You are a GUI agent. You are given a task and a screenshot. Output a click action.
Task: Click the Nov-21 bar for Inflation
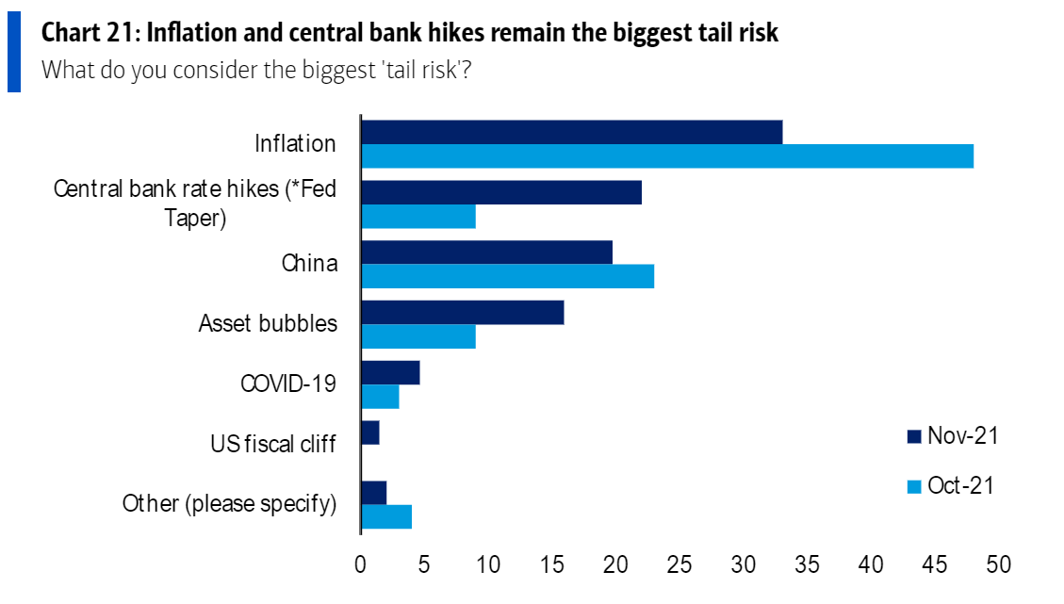pyautogui.click(x=571, y=133)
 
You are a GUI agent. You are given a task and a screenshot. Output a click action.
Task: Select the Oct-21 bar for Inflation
pyautogui.click(x=667, y=156)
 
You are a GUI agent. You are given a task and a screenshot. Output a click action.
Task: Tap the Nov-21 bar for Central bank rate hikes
pyautogui.click(x=501, y=192)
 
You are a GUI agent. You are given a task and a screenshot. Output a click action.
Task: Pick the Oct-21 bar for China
pyautogui.click(x=507, y=276)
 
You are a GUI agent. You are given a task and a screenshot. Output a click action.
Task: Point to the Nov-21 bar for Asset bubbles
pyautogui.click(x=462, y=313)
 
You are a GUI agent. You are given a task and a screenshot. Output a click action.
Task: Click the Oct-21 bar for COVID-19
pyautogui.click(x=380, y=397)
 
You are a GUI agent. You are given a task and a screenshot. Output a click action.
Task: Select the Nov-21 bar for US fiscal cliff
pyautogui.click(x=370, y=433)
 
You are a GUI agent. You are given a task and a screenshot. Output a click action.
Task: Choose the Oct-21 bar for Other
pyautogui.click(x=386, y=516)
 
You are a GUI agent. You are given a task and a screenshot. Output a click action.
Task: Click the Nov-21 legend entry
pyautogui.click(x=952, y=435)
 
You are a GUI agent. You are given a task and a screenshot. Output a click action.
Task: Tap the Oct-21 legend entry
pyautogui.click(x=952, y=486)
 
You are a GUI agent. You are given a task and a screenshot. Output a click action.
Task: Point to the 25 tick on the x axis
pyautogui.click(x=679, y=564)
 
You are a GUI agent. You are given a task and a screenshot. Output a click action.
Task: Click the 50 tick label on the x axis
pyautogui.click(x=998, y=564)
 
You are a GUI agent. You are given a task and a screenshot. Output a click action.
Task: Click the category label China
pyautogui.click(x=309, y=263)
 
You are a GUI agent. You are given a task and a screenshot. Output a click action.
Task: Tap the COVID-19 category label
pyautogui.click(x=288, y=384)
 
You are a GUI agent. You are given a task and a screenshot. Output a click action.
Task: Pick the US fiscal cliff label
pyautogui.click(x=272, y=443)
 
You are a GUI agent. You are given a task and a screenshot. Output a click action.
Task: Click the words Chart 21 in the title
pyautogui.click(x=87, y=34)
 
